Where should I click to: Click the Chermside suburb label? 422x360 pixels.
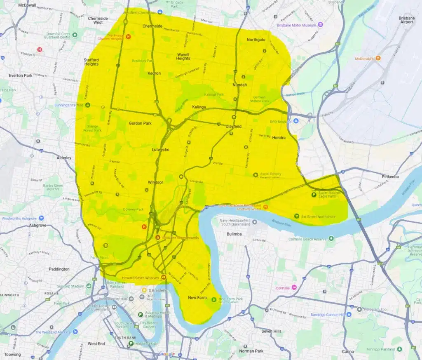pyautogui.click(x=152, y=26)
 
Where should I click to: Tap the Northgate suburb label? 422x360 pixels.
pyautogui.click(x=256, y=40)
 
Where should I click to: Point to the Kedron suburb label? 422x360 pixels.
pyautogui.click(x=154, y=73)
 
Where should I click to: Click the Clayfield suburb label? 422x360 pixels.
pyautogui.click(x=233, y=127)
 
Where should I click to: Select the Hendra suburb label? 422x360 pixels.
pyautogui.click(x=279, y=138)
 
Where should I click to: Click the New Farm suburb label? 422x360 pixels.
pyautogui.click(x=197, y=297)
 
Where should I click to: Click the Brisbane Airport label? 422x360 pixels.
pyautogui.click(x=406, y=20)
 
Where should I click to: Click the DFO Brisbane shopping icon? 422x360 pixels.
pyautogui.click(x=295, y=121)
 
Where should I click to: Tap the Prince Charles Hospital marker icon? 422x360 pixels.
pyautogui.click(x=128, y=36)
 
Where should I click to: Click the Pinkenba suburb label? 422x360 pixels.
pyautogui.click(x=390, y=176)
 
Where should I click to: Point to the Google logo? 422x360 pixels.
pyautogui.click(x=167, y=354)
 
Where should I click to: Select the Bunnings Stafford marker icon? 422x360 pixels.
pyautogui.click(x=87, y=105)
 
